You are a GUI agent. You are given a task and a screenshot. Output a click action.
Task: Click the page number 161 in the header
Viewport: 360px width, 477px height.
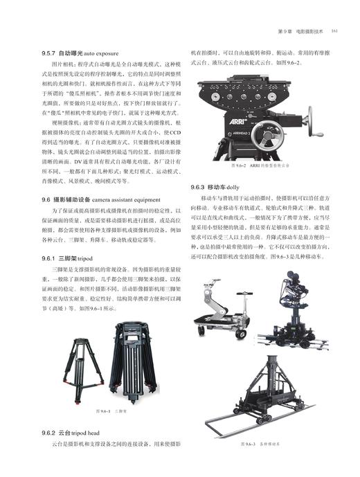click(x=334, y=30)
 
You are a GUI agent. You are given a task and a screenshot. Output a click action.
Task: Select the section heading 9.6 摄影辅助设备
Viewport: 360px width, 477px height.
click(x=102, y=199)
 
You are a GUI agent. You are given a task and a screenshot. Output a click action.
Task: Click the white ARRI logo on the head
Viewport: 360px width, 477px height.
click(x=221, y=120)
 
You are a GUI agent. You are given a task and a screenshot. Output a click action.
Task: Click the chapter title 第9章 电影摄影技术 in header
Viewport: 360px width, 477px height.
click(x=299, y=30)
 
